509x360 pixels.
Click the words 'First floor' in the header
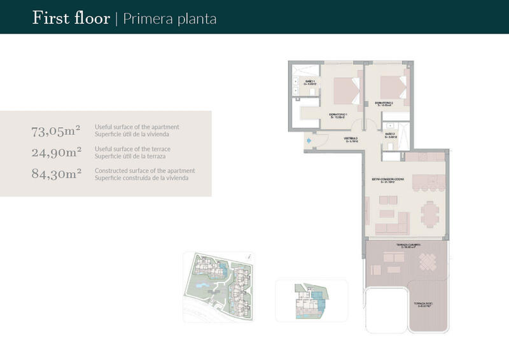coord(71,18)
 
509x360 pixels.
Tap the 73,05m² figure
coord(56,131)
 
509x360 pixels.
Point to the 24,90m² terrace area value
coord(56,152)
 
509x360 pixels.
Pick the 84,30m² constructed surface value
coord(56,173)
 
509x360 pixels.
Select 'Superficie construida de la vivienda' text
coord(144,178)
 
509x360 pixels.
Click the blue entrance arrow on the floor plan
coord(309,140)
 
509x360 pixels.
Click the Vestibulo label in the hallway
coord(352,139)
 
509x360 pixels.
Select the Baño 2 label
coord(391,135)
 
